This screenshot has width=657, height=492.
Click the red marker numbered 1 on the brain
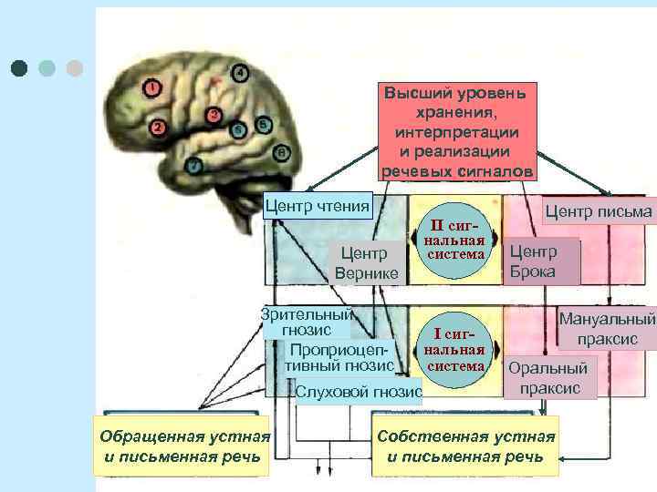pos(151,87)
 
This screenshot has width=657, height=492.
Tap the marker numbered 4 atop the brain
pos(240,73)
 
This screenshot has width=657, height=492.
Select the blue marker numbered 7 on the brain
pos(193,165)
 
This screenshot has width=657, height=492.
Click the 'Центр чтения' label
pos(317,204)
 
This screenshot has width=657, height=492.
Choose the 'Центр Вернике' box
pos(366,262)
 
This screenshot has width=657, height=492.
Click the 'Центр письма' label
pos(599,212)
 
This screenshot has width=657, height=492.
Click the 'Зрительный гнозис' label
pos(307,322)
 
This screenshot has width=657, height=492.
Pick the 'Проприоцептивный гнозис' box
pos(340,357)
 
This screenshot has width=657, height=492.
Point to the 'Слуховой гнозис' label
pos(359,392)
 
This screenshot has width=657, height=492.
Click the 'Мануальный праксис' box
pos(607,330)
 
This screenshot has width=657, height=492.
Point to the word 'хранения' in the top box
pos(456,113)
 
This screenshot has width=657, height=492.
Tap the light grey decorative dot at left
pos(75,67)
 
